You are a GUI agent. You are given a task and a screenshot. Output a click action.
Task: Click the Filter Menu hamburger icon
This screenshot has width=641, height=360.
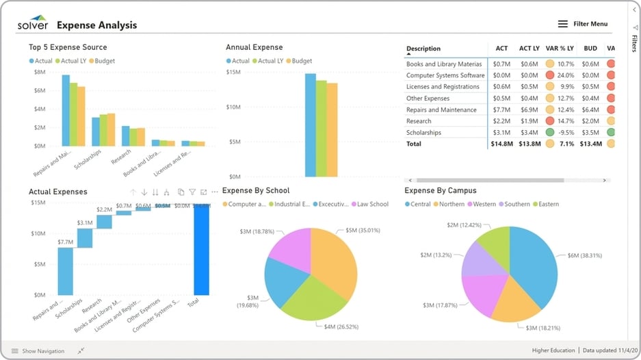tap(563, 24)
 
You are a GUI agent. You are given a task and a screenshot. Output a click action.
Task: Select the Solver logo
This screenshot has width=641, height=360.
tap(33, 25)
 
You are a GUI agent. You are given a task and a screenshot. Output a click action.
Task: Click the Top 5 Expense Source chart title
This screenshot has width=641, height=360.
tap(68, 47)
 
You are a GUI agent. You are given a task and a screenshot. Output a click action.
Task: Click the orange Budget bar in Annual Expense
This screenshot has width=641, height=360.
tap(332, 129)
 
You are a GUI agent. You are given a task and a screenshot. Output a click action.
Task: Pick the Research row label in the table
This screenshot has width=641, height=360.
tap(419, 121)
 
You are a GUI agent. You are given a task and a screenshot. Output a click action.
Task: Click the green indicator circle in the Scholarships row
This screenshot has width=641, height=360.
tap(550, 133)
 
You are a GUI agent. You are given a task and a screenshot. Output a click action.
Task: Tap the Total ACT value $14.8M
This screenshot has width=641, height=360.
tap(501, 144)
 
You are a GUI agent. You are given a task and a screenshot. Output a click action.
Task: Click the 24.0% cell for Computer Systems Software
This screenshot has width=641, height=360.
tap(565, 75)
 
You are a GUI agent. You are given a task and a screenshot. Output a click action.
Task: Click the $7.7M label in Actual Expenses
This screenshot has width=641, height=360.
tap(65, 242)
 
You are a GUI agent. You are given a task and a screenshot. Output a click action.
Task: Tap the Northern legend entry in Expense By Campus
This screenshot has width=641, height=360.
tap(451, 204)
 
